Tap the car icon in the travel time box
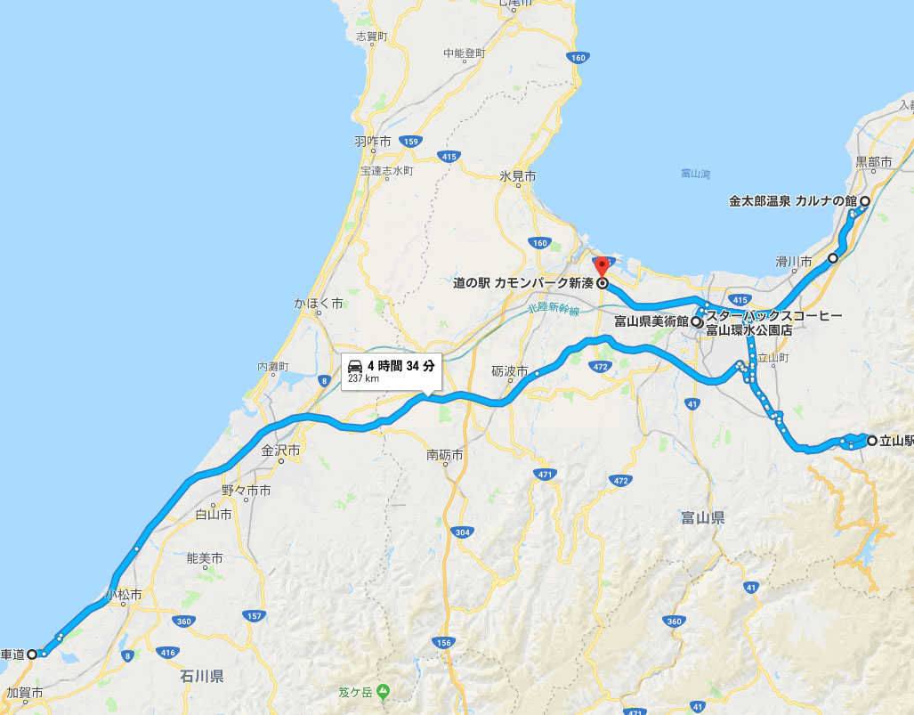(x=355, y=366)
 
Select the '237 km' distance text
(x=363, y=378)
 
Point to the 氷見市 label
(x=517, y=176)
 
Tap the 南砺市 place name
(x=445, y=455)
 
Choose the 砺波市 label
(x=510, y=370)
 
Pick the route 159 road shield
(x=410, y=142)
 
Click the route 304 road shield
(x=461, y=532)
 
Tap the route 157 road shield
(x=255, y=616)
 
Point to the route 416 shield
(x=166, y=653)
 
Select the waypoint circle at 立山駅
(x=872, y=440)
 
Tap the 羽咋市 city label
(x=373, y=142)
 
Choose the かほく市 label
(x=319, y=304)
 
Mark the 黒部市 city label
(x=873, y=161)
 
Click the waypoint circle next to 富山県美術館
(x=696, y=322)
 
